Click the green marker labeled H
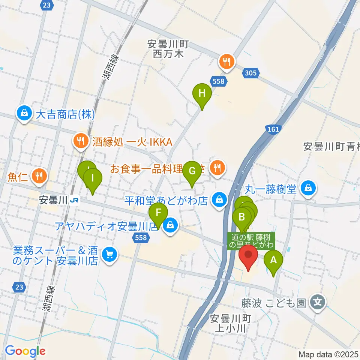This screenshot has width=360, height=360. [202, 93]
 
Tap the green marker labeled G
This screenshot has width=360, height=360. [192, 172]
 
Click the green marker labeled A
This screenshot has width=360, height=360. [273, 260]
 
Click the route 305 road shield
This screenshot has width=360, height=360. [251, 73]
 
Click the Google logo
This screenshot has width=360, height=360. [25, 351]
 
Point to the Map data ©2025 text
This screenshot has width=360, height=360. [328, 354]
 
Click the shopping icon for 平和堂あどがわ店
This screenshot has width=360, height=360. [219, 199]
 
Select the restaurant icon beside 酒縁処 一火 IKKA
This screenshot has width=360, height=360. [80, 142]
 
